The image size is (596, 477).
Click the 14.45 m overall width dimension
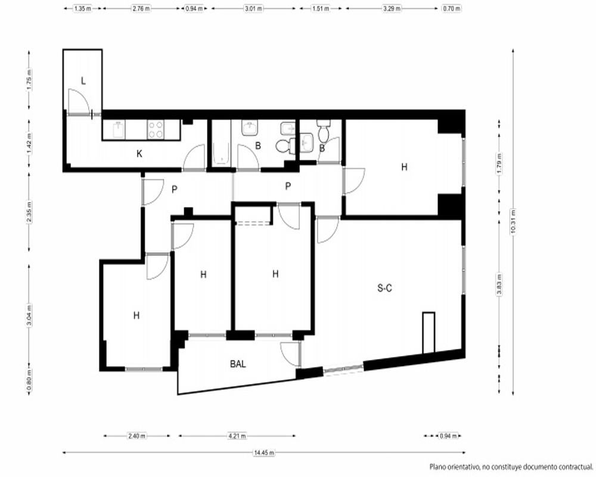point(264,453)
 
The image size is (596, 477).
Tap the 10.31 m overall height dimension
point(513,222)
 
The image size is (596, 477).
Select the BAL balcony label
point(238,364)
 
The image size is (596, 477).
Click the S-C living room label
point(384,289)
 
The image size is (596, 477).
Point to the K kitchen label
point(139,154)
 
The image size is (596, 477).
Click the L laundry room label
point(83,80)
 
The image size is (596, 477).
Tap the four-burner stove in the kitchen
point(156,129)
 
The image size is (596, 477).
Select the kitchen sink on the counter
point(119,129)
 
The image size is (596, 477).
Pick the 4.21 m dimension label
point(237,436)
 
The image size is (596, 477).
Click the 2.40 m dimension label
point(137,436)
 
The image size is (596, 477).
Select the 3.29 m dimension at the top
point(391,8)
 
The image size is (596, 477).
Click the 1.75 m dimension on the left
point(30,79)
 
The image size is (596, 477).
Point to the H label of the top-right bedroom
point(404,167)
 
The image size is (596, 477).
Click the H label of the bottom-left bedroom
point(136,315)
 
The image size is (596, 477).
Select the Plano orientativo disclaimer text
point(511,467)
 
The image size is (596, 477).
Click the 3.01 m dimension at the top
point(253,8)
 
